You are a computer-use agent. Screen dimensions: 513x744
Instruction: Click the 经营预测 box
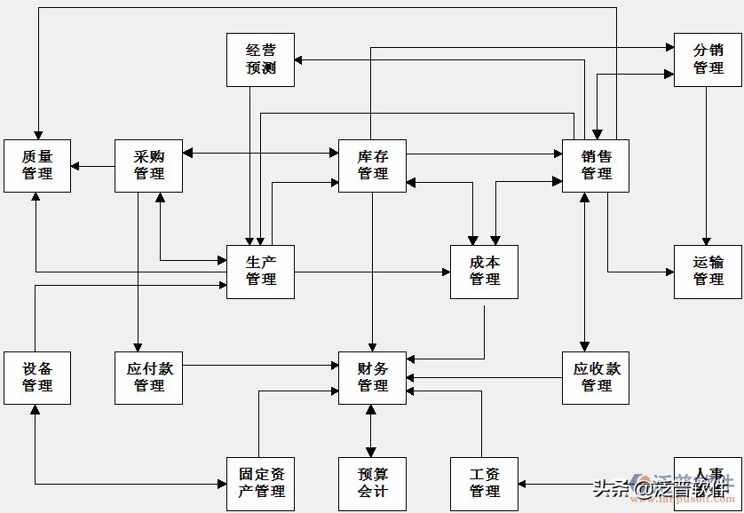260,59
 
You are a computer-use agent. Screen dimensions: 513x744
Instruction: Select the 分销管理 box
708,59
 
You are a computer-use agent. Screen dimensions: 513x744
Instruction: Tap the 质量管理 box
37,165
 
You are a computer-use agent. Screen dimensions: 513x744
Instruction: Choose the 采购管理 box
148,165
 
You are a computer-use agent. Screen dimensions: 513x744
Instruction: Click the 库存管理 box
372,165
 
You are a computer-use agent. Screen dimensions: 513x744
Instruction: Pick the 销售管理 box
596,165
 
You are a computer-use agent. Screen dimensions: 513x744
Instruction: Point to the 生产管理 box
260,272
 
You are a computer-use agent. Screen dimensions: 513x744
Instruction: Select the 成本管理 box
484,272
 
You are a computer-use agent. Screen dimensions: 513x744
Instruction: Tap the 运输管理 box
708,272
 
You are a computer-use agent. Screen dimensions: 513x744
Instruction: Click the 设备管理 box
37,377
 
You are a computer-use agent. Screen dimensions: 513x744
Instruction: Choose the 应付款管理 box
148,377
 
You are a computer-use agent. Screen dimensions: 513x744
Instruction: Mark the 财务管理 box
372,377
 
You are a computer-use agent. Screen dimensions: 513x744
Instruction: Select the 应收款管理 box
596,377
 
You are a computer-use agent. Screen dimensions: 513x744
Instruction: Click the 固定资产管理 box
260,484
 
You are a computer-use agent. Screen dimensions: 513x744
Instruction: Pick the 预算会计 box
372,484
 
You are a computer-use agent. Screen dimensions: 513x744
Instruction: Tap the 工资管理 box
484,484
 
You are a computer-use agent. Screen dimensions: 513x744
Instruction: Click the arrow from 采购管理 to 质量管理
92,166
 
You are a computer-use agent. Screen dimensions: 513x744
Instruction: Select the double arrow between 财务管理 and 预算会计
372,430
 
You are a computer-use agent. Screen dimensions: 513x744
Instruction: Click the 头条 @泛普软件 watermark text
661,487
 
